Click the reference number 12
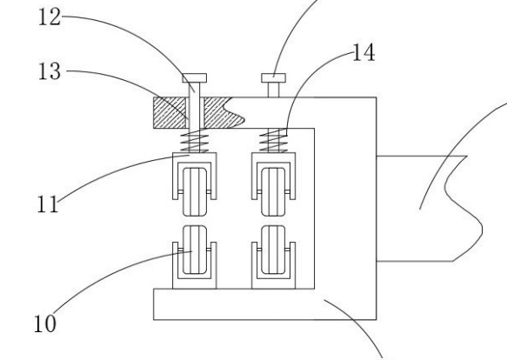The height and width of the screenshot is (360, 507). pyautogui.click(x=50, y=17)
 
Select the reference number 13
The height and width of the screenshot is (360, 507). pyautogui.click(x=50, y=71)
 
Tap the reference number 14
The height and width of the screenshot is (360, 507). pyautogui.click(x=364, y=53)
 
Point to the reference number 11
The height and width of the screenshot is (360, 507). pyautogui.click(x=48, y=204)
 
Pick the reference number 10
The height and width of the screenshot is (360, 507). pyautogui.click(x=45, y=323)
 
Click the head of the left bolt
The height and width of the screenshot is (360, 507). pyautogui.click(x=194, y=78)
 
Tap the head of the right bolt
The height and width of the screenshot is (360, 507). pyautogui.click(x=274, y=78)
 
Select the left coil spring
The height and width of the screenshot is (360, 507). pyautogui.click(x=194, y=140)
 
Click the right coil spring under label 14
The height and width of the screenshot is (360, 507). pyautogui.click(x=274, y=140)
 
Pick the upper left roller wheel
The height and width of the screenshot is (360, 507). pyautogui.click(x=195, y=192)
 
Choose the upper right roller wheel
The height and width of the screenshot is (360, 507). pyautogui.click(x=274, y=192)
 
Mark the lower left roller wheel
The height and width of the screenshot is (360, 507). pyautogui.click(x=195, y=250)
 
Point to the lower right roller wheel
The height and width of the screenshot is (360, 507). pyautogui.click(x=274, y=250)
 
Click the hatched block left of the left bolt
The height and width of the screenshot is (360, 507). pyautogui.click(x=170, y=112)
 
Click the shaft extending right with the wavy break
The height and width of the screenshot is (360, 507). pyautogui.click(x=430, y=209)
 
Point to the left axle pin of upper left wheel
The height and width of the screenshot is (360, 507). pyautogui.click(x=180, y=192)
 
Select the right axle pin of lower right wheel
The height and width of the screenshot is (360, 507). pyautogui.click(x=288, y=250)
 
